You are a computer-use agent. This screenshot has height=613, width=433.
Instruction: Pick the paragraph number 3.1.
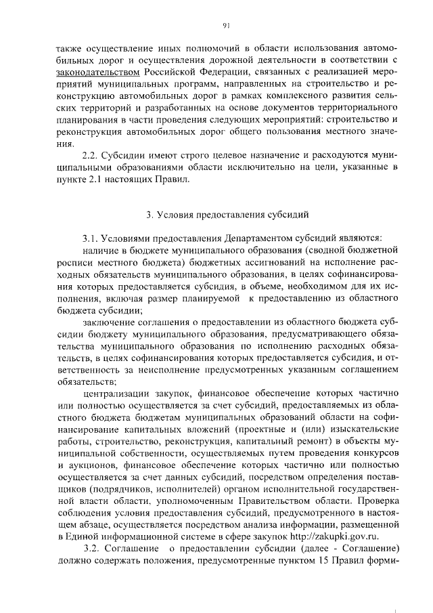(91, 238)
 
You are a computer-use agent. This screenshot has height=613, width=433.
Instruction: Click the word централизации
(117, 394)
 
